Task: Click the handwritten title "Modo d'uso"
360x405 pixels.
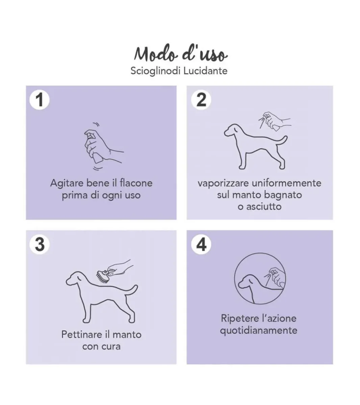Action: point(181,54)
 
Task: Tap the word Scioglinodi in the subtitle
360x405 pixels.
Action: point(156,71)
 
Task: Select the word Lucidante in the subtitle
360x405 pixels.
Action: point(206,71)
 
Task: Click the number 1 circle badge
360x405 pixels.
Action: point(40,100)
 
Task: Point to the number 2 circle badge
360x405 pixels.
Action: point(201,100)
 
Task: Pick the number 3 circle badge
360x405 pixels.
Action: point(40,244)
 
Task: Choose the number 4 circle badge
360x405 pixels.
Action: point(201,244)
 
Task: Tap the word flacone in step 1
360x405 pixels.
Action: point(136,183)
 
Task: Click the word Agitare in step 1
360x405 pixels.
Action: point(67,184)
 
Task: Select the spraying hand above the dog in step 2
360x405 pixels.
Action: point(275,121)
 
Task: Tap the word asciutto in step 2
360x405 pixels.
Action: point(264,207)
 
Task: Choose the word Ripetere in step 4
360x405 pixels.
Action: point(239,319)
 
